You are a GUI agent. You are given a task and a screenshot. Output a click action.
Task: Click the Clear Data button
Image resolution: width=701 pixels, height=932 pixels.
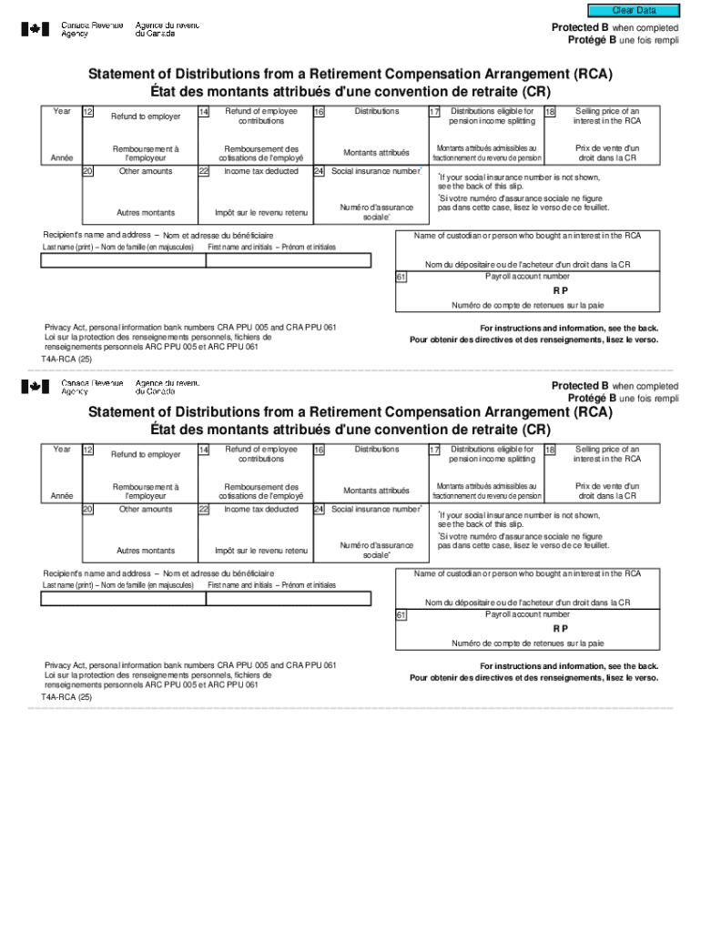click(x=634, y=10)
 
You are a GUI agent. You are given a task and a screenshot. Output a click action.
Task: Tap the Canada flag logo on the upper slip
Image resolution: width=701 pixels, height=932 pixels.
click(x=36, y=29)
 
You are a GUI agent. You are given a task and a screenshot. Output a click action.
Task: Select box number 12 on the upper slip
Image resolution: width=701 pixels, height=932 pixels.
click(x=87, y=112)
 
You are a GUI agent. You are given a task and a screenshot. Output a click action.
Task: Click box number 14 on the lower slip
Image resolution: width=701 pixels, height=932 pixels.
click(x=203, y=450)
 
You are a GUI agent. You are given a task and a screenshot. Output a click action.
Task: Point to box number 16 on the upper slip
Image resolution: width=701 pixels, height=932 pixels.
click(x=319, y=112)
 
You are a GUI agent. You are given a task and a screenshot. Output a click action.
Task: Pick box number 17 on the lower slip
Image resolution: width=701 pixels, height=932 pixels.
click(x=434, y=450)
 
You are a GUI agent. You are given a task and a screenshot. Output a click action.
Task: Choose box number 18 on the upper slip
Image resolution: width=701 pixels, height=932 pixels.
click(x=550, y=112)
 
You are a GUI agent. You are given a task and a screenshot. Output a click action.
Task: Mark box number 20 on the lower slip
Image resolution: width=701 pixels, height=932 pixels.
click(x=87, y=510)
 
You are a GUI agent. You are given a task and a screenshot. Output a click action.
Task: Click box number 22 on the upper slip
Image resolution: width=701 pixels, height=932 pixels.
click(x=203, y=171)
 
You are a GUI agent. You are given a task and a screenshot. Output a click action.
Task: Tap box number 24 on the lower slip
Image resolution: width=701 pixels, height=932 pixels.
click(x=319, y=510)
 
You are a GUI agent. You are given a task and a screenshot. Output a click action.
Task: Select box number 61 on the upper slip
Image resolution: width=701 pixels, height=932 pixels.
click(x=401, y=277)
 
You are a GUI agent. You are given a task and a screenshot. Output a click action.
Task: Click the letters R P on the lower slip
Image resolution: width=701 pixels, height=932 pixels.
click(x=560, y=628)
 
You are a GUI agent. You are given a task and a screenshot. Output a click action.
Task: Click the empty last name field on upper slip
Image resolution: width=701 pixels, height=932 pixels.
click(x=123, y=260)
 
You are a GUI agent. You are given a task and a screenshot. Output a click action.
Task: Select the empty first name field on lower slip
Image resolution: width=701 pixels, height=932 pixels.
click(x=288, y=598)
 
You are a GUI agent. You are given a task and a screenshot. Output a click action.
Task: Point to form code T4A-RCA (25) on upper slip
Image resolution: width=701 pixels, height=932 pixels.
click(x=66, y=360)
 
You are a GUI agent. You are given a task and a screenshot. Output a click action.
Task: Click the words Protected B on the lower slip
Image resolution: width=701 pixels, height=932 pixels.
click(x=580, y=386)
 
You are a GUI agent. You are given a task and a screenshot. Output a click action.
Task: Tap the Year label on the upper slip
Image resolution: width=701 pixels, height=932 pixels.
click(x=62, y=111)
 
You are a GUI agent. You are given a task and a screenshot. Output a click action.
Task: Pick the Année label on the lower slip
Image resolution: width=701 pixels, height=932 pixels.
click(x=62, y=496)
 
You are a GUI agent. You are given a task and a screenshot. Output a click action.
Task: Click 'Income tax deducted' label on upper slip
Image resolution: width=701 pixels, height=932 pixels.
click(x=261, y=171)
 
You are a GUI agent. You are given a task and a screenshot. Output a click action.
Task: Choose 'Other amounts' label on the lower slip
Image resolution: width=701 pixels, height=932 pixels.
click(x=146, y=510)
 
